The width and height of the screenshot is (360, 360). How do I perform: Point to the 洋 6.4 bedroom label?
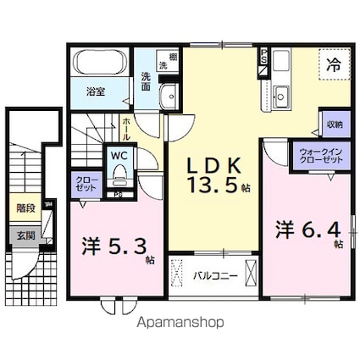tap(306, 230)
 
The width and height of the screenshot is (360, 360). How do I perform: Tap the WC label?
tap(119, 156)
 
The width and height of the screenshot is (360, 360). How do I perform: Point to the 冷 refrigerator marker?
tap(334, 62)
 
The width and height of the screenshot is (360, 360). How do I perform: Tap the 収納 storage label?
tap(334, 125)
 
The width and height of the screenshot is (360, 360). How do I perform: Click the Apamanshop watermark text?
tap(179, 322)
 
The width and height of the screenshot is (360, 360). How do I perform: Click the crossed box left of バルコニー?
tap(177, 275)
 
